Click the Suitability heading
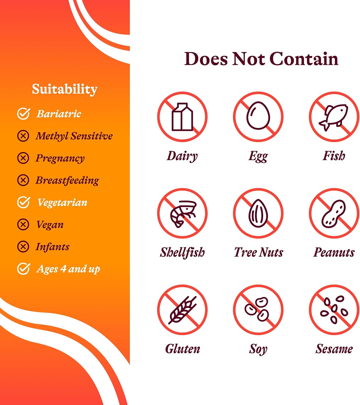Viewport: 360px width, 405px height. click(64, 89)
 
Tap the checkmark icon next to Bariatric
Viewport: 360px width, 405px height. click(23, 114)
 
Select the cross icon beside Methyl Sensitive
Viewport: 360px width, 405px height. click(23, 136)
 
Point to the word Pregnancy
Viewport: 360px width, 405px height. click(60, 158)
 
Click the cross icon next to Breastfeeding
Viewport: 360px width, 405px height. click(23, 180)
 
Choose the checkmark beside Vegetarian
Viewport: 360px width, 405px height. click(23, 202)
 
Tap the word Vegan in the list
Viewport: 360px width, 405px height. click(50, 225)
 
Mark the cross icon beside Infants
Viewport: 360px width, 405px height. click(23, 247)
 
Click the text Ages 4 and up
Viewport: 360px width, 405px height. click(68, 269)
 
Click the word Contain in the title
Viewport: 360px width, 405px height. click(304, 59)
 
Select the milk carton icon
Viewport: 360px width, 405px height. click(182, 117)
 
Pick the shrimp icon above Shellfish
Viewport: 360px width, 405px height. click(182, 213)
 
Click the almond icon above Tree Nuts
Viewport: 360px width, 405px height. click(258, 213)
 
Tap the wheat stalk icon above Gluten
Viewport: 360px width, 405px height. click(182, 310)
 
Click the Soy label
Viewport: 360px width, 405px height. click(258, 349)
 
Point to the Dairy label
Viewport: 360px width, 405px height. click(182, 156)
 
